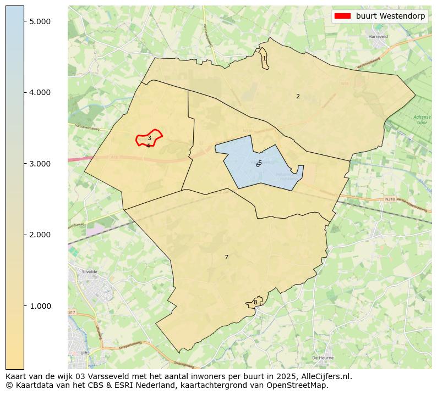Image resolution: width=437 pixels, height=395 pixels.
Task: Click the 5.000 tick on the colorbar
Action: point(40,21)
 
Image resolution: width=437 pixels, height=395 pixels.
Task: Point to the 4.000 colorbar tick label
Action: point(40,92)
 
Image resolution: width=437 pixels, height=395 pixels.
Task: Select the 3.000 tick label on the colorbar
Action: point(40,164)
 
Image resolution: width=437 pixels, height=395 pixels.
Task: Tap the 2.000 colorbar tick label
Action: point(40,235)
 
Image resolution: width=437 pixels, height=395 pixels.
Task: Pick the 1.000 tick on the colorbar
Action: point(40,306)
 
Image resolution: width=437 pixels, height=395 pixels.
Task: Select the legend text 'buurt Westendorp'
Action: point(390,16)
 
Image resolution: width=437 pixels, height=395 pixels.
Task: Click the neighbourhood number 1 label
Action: point(264,58)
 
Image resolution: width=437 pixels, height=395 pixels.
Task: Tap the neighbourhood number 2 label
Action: point(298,96)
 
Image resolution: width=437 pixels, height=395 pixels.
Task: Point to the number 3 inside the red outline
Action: point(149,138)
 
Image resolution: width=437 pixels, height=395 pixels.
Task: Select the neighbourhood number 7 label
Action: point(226,257)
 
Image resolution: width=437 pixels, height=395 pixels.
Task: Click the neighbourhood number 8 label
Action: point(255,302)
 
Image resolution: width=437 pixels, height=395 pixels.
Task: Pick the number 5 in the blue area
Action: point(260,163)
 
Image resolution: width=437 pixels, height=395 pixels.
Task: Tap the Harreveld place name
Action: point(378,37)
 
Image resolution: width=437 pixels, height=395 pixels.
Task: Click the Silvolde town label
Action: point(89,272)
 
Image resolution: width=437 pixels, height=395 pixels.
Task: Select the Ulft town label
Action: point(84,353)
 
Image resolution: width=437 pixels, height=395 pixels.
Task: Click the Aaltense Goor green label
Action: point(422,120)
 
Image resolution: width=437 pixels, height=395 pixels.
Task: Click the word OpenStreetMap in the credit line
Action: point(301,385)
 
